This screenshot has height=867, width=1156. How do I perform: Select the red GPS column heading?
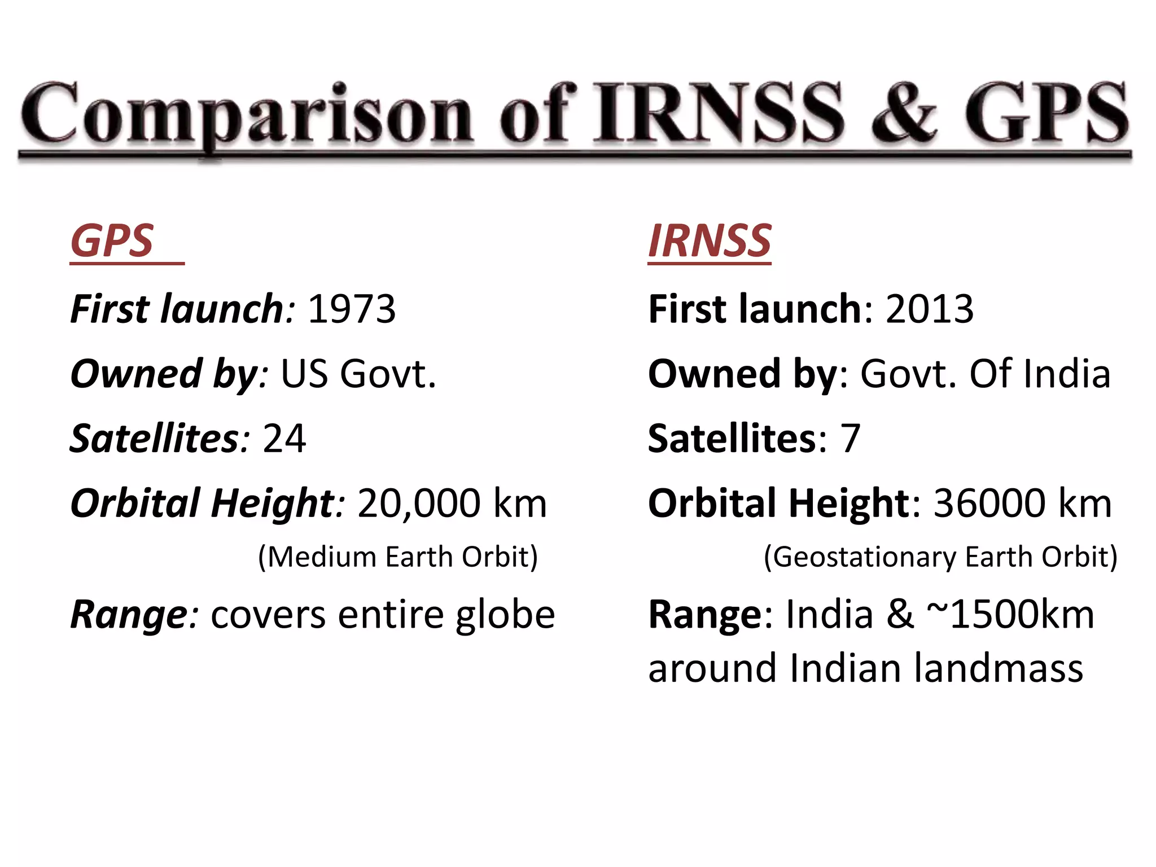pos(112,241)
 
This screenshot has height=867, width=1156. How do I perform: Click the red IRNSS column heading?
pos(710,241)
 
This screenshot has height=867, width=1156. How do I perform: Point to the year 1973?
pos(352,309)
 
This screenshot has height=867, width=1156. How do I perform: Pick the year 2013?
pos(930,309)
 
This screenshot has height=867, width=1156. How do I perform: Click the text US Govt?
pos(358,374)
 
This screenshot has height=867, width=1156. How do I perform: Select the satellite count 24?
pos(284,439)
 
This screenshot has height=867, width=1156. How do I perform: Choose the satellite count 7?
pos(850,439)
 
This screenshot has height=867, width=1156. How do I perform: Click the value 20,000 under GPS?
pos(419,503)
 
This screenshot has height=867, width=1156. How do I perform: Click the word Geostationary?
pos(865,557)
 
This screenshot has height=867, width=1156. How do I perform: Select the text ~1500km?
pos(1010,614)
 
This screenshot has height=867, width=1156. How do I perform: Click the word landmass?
pos(999,668)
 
